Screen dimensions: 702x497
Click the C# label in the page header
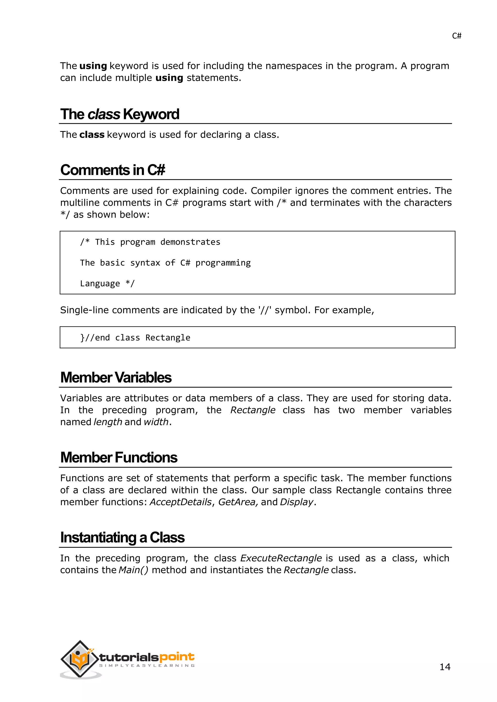click(456, 36)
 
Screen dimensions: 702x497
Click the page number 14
click(445, 667)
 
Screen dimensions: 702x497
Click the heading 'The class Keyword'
click(120, 114)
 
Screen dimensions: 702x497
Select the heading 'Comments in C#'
click(113, 170)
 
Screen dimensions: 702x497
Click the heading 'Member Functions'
click(119, 458)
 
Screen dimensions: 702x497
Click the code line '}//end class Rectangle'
click(135, 338)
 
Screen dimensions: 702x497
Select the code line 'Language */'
click(107, 283)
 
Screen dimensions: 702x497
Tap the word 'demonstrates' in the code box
click(190, 242)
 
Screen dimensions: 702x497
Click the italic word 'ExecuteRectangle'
click(281, 558)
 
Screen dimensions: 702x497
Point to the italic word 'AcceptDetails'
click(180, 502)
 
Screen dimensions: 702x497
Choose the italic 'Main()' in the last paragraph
click(133, 570)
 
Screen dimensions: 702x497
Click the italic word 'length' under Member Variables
click(108, 422)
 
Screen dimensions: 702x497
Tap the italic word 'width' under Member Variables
click(156, 422)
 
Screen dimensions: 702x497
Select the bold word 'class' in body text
click(92, 135)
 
